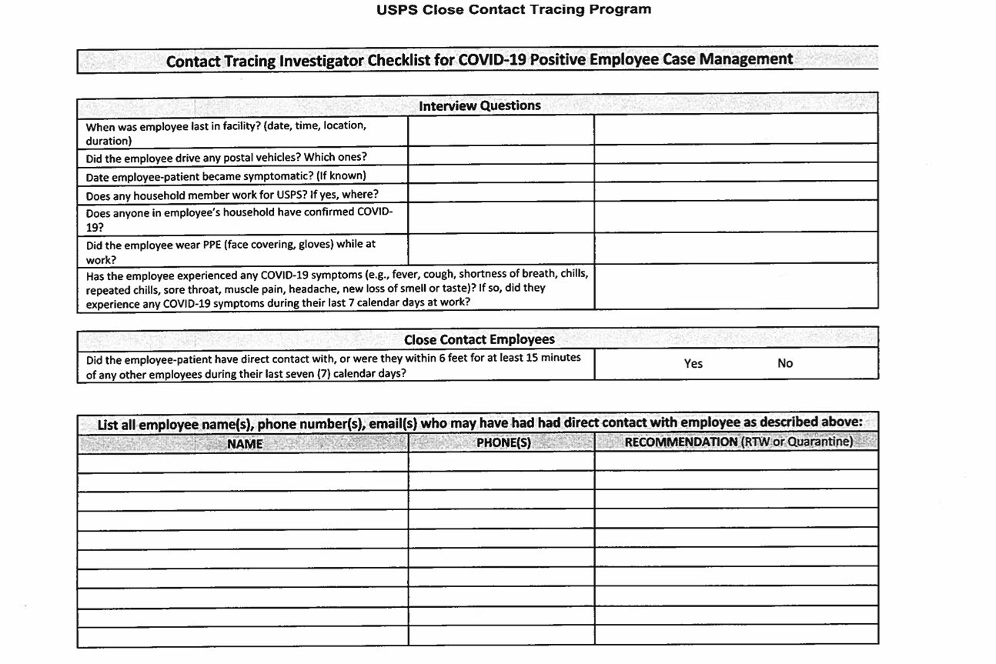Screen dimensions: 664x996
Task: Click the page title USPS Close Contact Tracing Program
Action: tap(513, 10)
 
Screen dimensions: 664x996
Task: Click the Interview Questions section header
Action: tap(480, 105)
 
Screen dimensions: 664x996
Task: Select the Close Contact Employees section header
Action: tap(479, 339)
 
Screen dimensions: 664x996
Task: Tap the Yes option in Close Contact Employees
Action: tap(693, 363)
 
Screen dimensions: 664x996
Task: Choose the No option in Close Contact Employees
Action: tap(784, 363)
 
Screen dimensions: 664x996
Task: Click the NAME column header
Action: tap(245, 443)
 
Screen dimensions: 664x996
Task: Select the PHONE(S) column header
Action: tap(503, 443)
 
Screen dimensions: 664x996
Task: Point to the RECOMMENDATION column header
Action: tap(737, 442)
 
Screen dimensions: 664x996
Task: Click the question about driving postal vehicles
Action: tap(226, 157)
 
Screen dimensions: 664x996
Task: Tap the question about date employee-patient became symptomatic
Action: tap(225, 176)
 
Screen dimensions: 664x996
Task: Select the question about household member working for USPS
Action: tap(232, 195)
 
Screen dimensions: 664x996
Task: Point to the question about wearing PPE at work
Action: tap(230, 252)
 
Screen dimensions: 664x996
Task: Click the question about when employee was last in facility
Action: tap(226, 132)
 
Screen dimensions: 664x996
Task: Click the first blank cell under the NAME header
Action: tap(242, 463)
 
